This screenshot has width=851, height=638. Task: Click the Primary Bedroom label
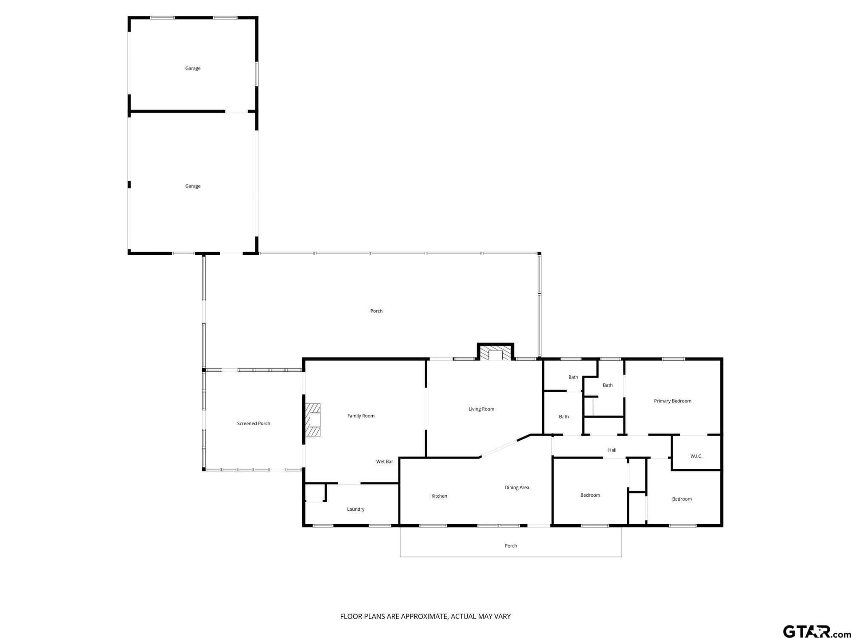click(672, 401)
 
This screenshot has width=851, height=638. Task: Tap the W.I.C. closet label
click(696, 456)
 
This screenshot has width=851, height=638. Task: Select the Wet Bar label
click(385, 462)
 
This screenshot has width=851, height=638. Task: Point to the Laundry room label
click(355, 510)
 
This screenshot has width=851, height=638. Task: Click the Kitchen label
click(439, 496)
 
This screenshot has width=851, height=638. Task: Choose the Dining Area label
click(517, 488)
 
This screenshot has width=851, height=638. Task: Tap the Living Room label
click(481, 409)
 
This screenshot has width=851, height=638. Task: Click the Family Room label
click(361, 416)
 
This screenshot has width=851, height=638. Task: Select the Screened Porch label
click(254, 424)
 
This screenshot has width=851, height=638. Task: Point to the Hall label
click(612, 450)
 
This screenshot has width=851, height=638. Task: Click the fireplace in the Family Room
click(313, 420)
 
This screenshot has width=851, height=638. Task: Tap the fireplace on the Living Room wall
click(496, 352)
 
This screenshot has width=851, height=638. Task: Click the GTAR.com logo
click(817, 631)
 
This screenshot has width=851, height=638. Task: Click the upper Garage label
click(193, 69)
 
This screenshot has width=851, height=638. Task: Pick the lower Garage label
click(193, 187)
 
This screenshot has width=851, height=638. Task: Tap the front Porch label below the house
click(511, 546)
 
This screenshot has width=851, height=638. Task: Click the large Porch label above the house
click(376, 311)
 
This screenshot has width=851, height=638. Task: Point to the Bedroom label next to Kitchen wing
click(590, 495)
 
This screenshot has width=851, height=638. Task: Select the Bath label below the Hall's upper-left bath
click(564, 416)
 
